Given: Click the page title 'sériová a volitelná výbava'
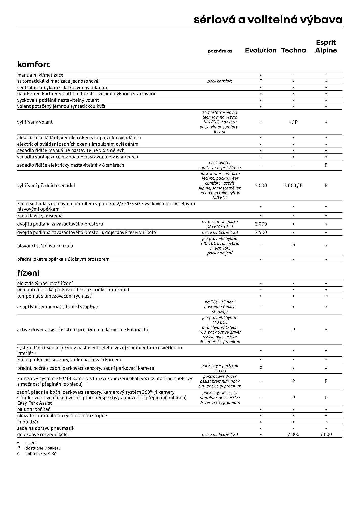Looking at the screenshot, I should coord(268,20).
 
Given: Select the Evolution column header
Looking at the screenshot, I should coord(261,50).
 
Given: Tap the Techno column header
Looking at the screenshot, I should coord(293,50).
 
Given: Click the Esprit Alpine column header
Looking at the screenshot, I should coord(326,46).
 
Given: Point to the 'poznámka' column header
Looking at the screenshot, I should coord(219,51).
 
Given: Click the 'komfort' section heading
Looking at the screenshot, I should coord(33,64).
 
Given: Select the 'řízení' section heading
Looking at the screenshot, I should coord(28,273).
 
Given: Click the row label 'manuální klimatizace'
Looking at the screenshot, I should coord(40,75).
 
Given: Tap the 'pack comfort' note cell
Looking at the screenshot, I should coord(219,81).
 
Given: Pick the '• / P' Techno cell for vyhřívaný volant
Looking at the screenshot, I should coord(293,122).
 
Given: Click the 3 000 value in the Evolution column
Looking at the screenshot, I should coord(261,224).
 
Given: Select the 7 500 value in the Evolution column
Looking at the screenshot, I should coord(261,232).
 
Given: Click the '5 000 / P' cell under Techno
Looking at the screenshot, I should coord(293,186).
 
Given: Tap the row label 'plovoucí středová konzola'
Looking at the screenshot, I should coord(45,246).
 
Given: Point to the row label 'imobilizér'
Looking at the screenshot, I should coord(28,422).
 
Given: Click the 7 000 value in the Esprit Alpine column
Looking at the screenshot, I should coord(326,434).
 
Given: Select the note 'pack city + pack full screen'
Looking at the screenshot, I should coord(219,368).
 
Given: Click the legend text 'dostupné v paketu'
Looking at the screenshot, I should coord(43,448).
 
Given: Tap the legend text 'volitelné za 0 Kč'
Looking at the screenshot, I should coord(40,454).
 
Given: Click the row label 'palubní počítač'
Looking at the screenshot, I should coord(33,409).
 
